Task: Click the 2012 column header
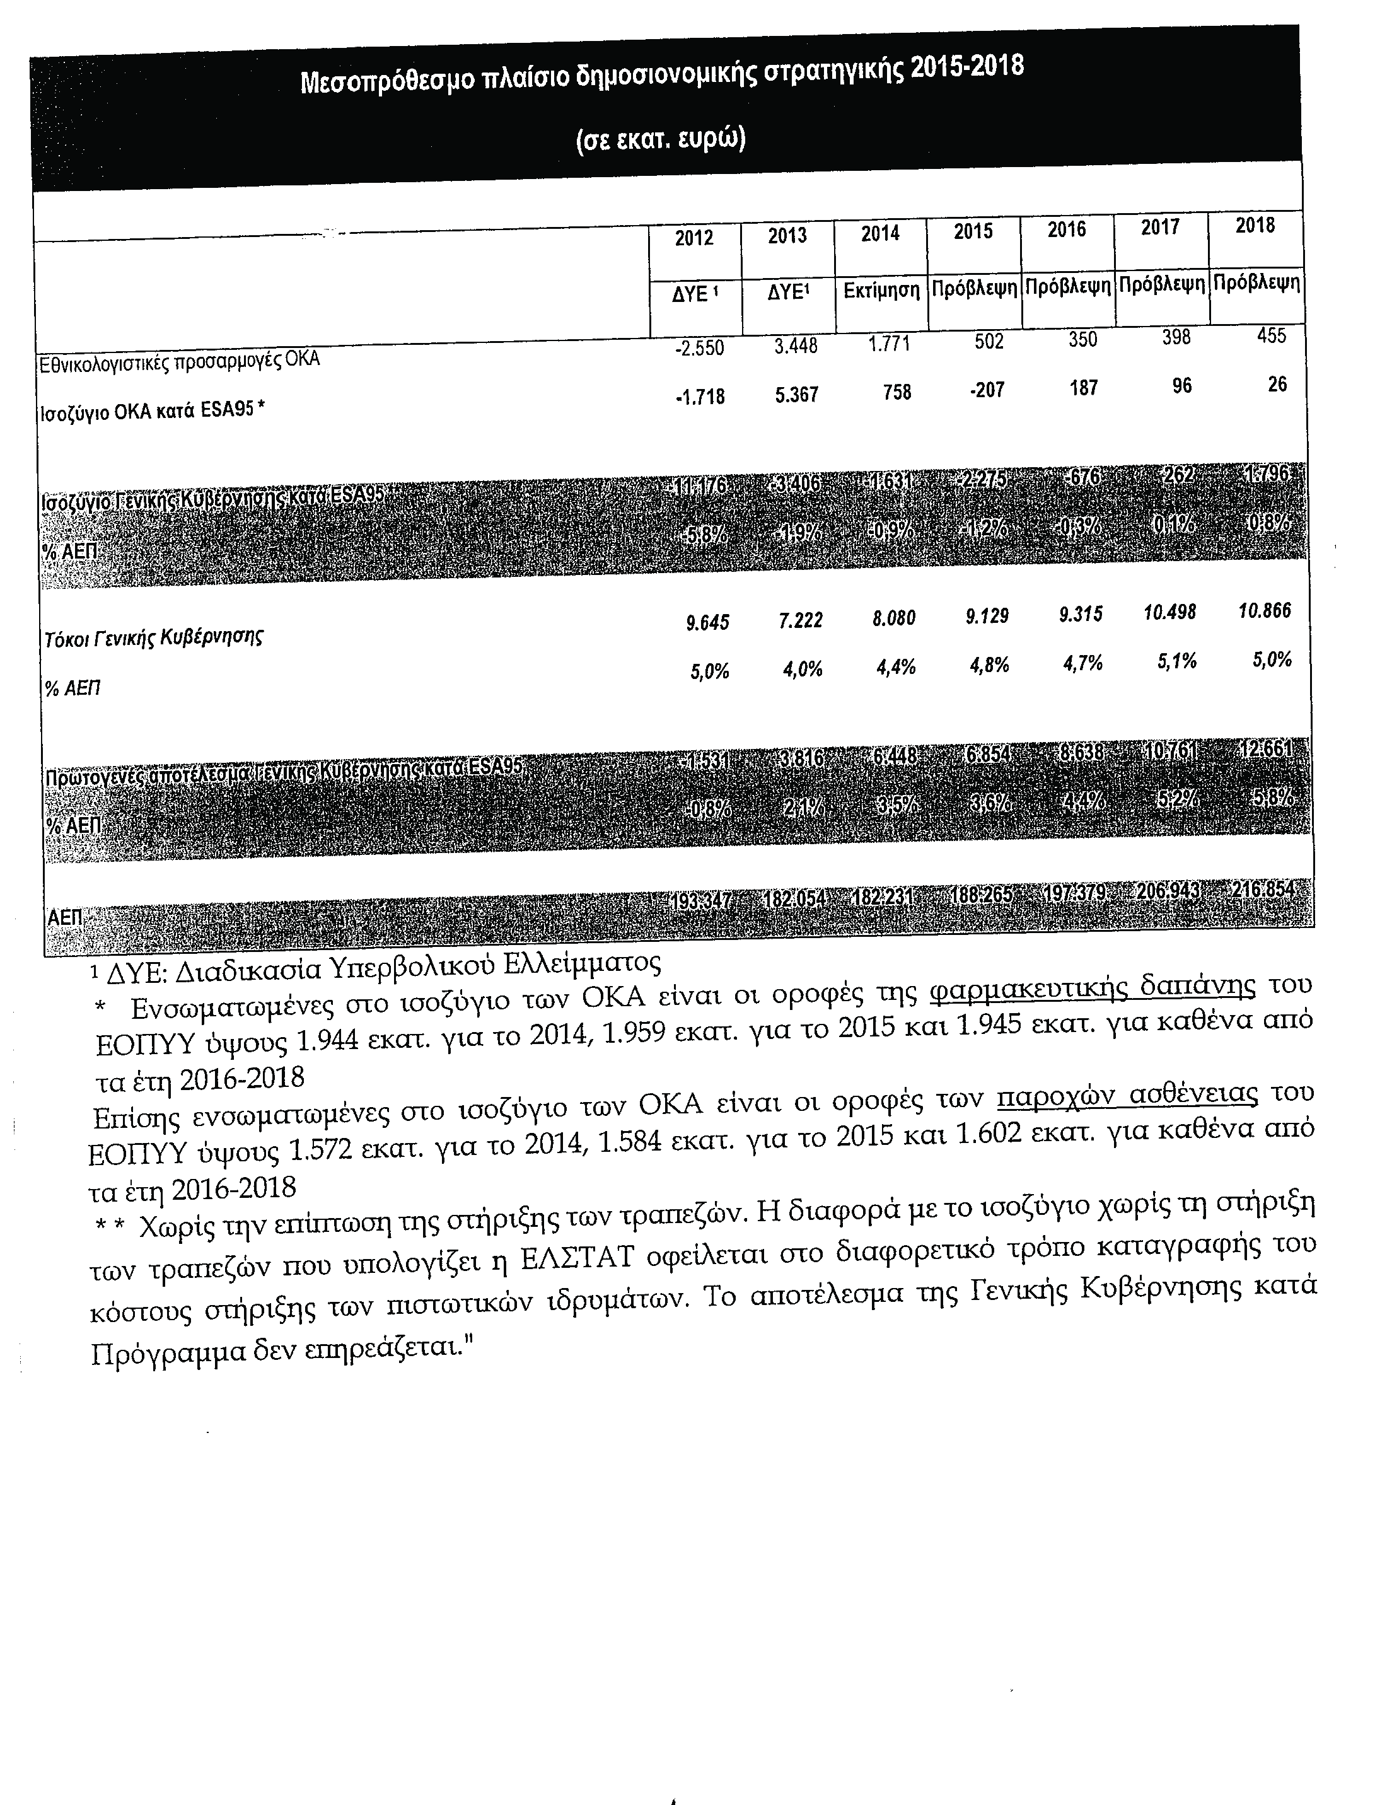pos(694,238)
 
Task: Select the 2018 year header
pos(1255,225)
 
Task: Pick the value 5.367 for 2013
pos(796,395)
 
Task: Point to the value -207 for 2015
pos(989,390)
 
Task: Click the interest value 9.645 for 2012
pos(708,624)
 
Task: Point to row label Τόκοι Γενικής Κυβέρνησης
pos(153,637)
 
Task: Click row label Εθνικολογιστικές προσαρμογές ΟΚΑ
pos(180,360)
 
